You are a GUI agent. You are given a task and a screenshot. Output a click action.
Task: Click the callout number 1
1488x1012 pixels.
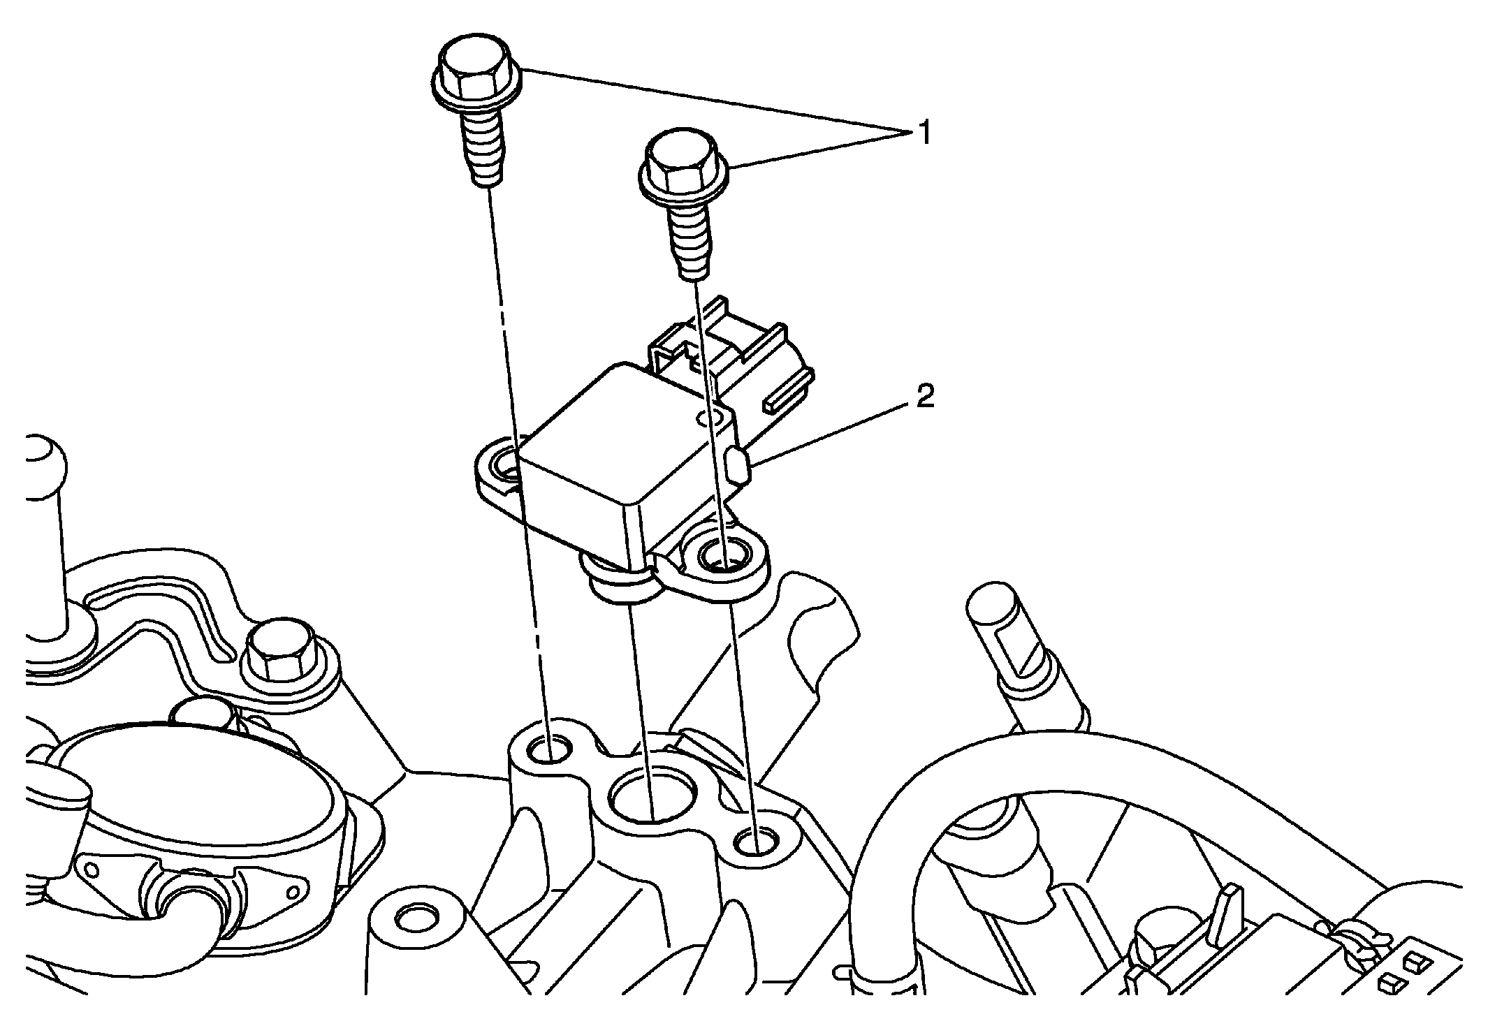[924, 133]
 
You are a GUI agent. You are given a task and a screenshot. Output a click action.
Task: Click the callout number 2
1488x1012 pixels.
[924, 398]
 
